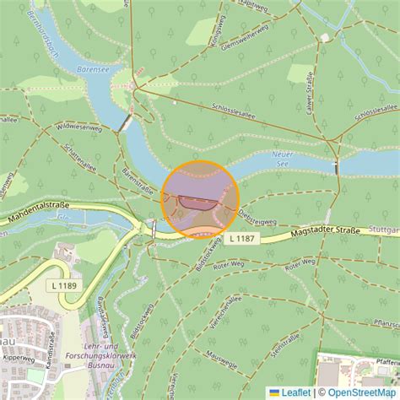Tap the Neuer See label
tap(284, 159)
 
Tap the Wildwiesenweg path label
tap(78, 128)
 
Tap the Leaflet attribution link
tap(290, 392)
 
